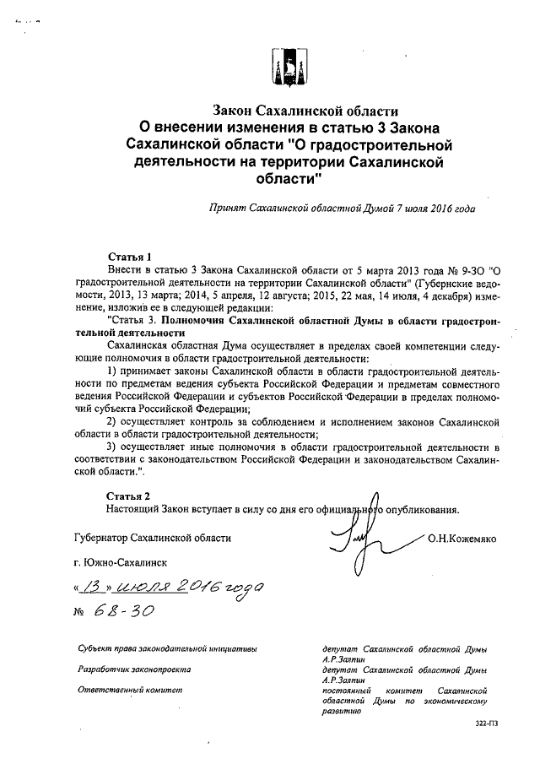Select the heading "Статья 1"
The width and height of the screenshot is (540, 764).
[x=129, y=256]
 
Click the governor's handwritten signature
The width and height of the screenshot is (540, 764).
[x=361, y=532]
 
